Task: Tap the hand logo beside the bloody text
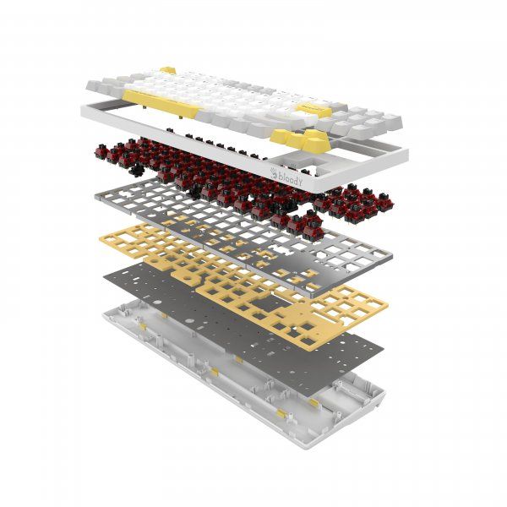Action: (274, 173)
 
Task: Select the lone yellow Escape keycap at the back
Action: (168, 70)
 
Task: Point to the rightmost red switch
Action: (386, 201)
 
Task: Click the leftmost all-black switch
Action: (137, 169)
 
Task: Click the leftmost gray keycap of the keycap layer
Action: (95, 85)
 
